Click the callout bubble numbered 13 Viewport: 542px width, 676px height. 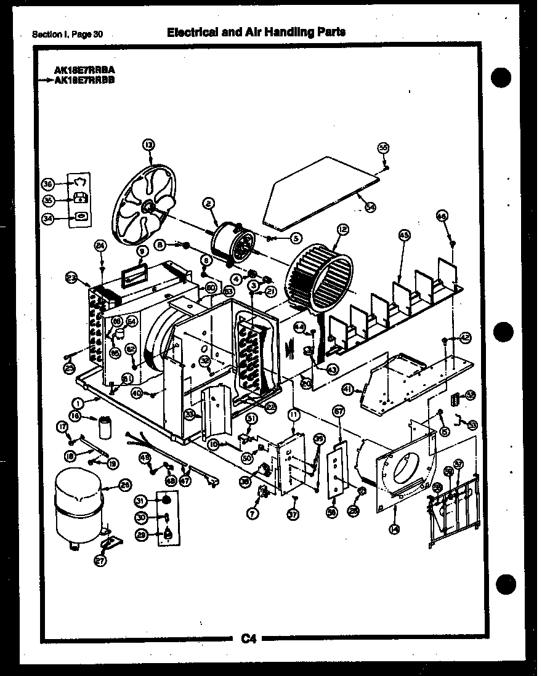tap(148, 144)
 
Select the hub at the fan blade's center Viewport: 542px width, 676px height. tap(147, 209)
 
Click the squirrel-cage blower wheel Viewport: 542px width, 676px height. tap(320, 277)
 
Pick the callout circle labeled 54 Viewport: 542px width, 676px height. tap(370, 207)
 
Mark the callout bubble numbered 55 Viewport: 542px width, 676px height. tap(383, 148)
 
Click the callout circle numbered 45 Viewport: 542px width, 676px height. tap(404, 235)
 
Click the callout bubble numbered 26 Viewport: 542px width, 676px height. tap(124, 485)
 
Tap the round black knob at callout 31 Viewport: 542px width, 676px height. tap(166, 500)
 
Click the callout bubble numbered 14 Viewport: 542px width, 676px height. tap(394, 528)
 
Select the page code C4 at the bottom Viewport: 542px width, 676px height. tap(248, 639)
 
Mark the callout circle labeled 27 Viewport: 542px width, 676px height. tap(99, 560)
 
